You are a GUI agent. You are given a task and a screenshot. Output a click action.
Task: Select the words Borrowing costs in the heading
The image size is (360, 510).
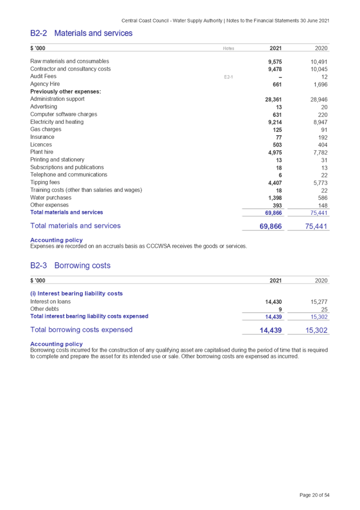82,266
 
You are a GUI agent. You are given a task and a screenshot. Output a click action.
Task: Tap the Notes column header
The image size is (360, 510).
228,48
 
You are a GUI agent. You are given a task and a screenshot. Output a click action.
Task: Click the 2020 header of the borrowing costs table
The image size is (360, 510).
321,281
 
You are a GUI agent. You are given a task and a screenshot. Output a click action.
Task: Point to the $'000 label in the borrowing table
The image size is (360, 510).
38,281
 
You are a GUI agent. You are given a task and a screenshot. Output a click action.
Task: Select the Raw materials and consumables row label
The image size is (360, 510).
70,62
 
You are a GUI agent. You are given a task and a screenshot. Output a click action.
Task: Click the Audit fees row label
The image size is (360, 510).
44,77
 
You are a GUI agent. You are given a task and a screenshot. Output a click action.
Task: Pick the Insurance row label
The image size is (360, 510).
43,137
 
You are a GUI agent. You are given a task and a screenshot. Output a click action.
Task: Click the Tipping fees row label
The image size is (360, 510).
45,183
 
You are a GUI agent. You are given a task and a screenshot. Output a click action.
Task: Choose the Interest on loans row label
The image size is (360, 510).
51,302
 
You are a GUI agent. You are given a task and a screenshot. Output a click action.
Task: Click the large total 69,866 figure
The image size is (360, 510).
271,226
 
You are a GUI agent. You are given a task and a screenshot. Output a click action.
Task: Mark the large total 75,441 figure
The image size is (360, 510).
316,226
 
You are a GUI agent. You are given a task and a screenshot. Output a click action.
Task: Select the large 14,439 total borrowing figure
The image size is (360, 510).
271,330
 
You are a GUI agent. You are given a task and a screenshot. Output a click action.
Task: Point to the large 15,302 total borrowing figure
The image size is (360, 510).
316,330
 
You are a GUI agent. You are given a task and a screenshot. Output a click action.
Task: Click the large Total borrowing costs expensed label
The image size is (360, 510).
82,330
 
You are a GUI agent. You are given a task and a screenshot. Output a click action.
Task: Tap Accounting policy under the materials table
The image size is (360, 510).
57,240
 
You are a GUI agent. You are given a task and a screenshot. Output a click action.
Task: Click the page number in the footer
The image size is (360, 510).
314,495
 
